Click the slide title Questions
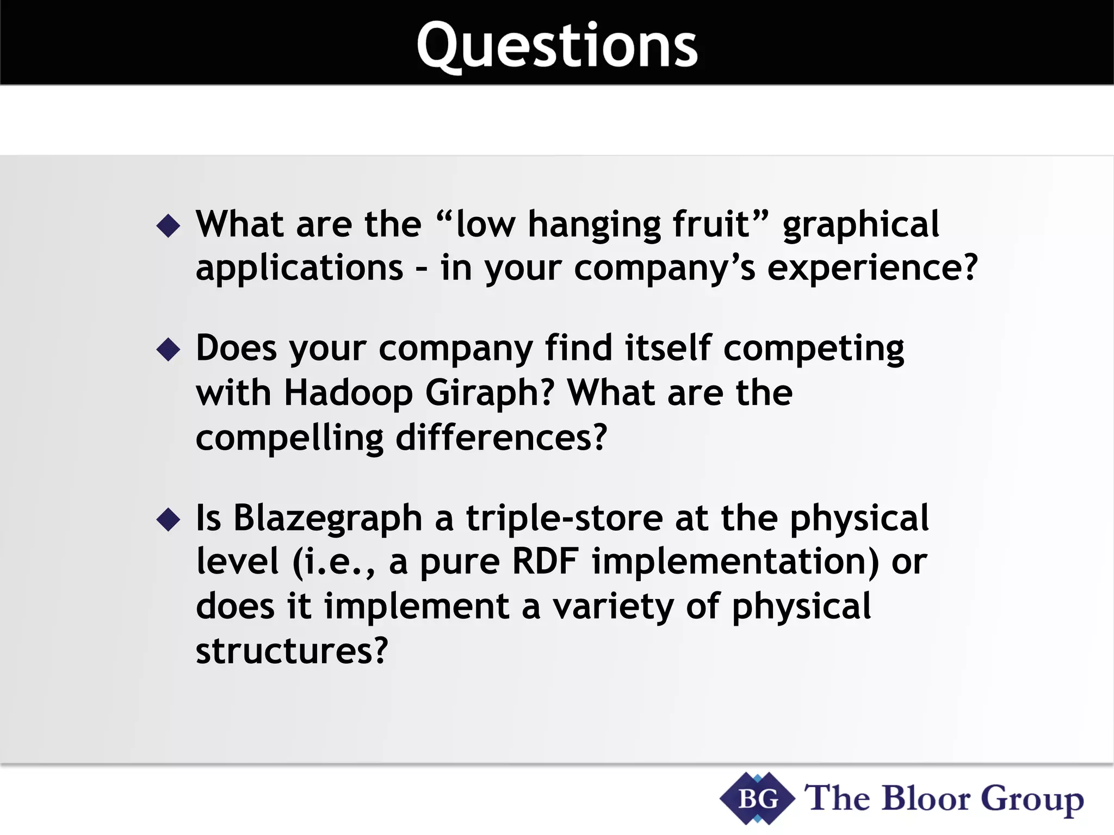pos(557,47)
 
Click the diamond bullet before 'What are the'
pos(168,225)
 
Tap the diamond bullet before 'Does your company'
pos(168,349)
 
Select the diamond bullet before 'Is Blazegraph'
pos(168,519)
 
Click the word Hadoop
pos(348,392)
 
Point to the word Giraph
pos(490,392)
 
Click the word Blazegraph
pos(327,518)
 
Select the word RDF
pos(545,562)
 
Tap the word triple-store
pos(564,518)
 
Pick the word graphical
pos(861,225)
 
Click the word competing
pos(813,349)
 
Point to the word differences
pos(500,438)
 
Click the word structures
pos(291,651)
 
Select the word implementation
pos(735,562)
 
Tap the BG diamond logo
pos(757,799)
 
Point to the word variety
pos(613,607)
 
